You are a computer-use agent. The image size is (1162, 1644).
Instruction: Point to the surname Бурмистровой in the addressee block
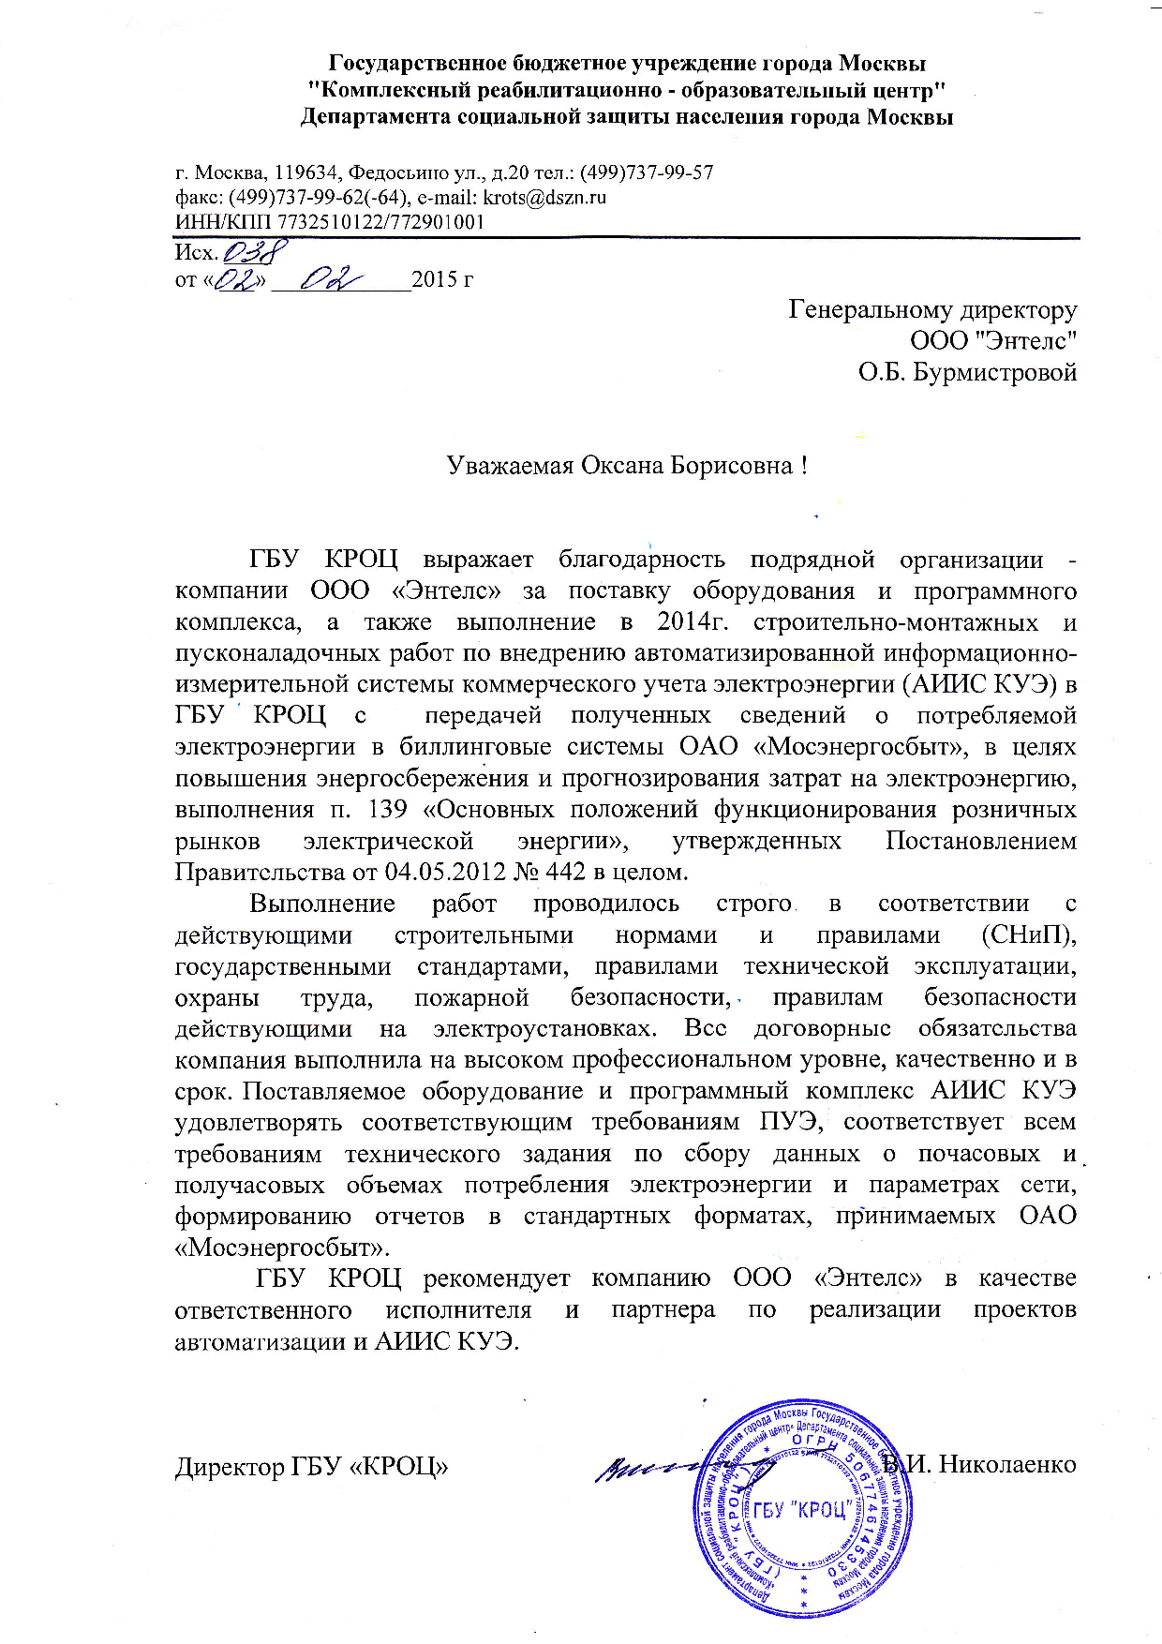pos(993,372)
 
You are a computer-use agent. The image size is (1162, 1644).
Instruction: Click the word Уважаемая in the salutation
pos(509,466)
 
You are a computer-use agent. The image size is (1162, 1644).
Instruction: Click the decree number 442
pos(565,873)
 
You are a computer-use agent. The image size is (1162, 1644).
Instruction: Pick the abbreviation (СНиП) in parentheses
pos(1028,935)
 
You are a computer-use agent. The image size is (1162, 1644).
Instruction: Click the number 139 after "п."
pos(390,810)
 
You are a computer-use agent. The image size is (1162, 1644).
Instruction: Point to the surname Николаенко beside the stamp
pos(1007,1464)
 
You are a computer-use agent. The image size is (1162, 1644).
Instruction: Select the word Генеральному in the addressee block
pos(873,309)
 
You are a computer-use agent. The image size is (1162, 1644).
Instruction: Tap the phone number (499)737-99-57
pos(647,172)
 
